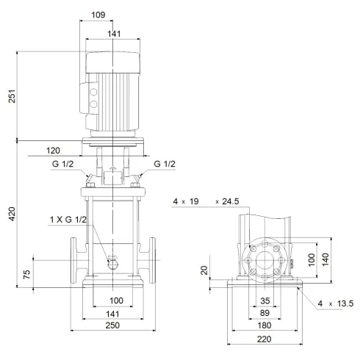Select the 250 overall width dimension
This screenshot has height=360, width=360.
(112, 325)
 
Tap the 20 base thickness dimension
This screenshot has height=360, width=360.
(206, 270)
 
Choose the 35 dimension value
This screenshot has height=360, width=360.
(265, 301)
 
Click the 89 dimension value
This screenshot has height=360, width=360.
(265, 314)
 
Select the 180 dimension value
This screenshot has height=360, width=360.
(265, 326)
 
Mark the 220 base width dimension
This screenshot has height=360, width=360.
(265, 340)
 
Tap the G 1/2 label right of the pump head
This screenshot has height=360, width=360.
(165, 163)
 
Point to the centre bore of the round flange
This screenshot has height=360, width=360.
(265, 260)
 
